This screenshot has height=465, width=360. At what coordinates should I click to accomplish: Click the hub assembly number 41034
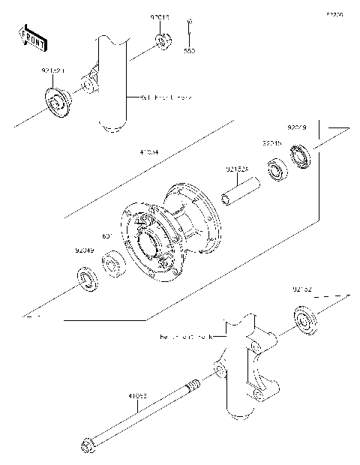(148, 152)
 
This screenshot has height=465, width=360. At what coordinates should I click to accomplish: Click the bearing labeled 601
(115, 264)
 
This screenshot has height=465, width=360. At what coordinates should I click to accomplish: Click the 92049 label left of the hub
(84, 251)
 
